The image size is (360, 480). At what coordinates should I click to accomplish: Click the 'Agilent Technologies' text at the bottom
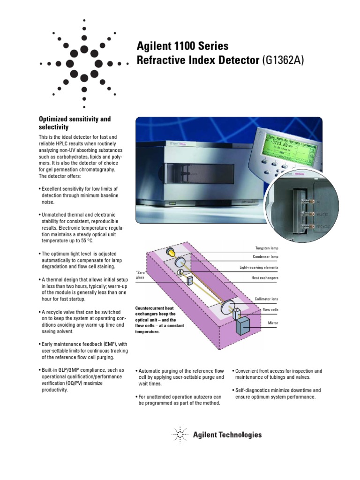[x=227, y=435]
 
